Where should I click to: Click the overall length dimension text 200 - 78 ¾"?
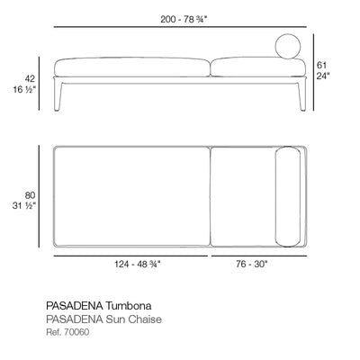point(184,19)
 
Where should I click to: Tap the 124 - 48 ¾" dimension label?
point(138,265)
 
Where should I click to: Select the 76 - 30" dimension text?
point(251,265)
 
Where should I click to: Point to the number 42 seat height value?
point(30,78)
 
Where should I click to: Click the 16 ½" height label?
point(24,89)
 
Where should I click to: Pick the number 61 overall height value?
point(321,65)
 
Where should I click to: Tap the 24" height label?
point(323,76)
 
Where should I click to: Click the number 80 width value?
point(30,195)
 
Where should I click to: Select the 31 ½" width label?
point(24,206)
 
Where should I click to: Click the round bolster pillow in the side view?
point(288,47)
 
